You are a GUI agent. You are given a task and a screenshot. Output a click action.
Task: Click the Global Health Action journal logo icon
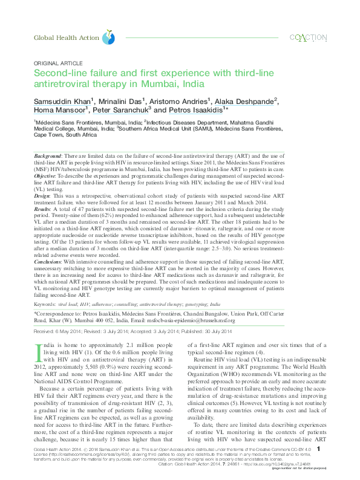[x=108, y=37]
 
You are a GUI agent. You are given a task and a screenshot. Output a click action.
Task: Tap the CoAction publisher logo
[x=308, y=37]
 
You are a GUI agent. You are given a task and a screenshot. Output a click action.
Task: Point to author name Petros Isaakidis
[x=185, y=111]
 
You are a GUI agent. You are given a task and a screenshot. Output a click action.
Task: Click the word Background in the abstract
[x=48, y=157]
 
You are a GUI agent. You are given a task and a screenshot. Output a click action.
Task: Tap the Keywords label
[x=47, y=305]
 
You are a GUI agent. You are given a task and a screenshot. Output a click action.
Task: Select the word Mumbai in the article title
[x=159, y=84]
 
